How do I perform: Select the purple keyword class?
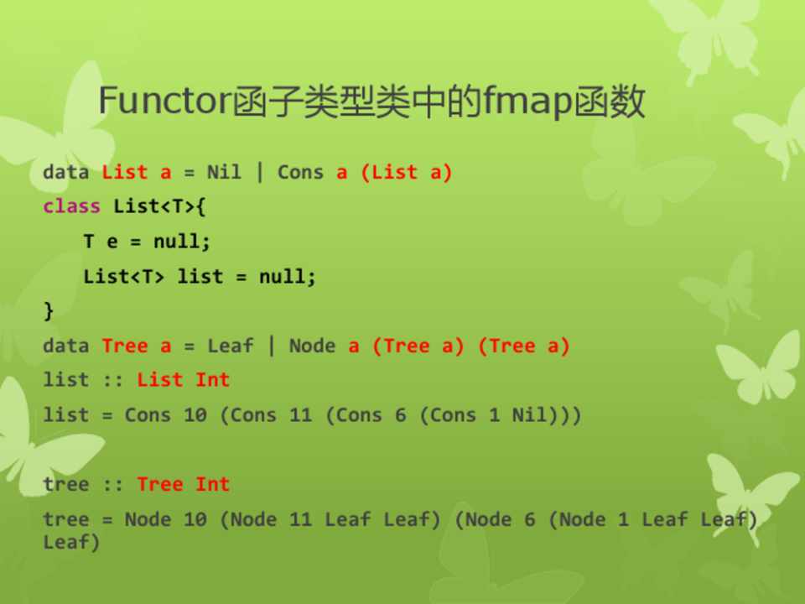click(x=71, y=206)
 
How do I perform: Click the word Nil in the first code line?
click(x=224, y=171)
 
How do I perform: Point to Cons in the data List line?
click(x=300, y=172)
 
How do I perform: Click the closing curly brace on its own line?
click(x=49, y=310)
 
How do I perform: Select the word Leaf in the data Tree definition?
click(x=230, y=345)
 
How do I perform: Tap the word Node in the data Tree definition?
click(x=312, y=345)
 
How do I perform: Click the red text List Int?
click(x=184, y=379)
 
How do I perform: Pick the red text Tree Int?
click(x=184, y=484)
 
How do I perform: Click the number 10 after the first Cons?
click(x=195, y=414)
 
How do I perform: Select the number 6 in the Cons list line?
click(x=401, y=414)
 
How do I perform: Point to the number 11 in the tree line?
click(x=301, y=519)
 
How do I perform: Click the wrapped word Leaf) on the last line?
click(x=71, y=542)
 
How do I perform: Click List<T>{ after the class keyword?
click(x=159, y=206)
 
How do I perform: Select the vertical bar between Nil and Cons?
click(x=260, y=171)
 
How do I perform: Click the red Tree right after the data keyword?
click(x=125, y=345)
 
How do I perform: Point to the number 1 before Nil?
click(x=495, y=414)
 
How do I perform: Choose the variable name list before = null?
click(x=200, y=276)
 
